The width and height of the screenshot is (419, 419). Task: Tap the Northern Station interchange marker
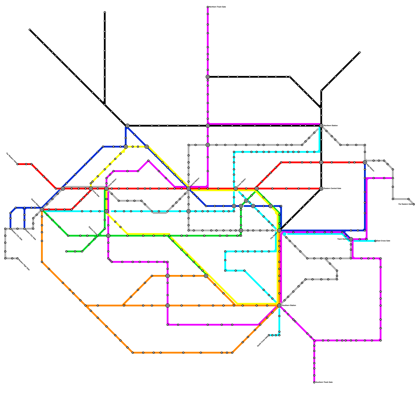[x=321, y=126]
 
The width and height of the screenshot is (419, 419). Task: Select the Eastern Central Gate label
[x=332, y=188]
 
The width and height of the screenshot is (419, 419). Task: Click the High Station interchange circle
[x=365, y=162]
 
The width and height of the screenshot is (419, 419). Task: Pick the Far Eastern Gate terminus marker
[x=414, y=204]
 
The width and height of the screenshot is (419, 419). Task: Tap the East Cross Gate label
[x=383, y=241]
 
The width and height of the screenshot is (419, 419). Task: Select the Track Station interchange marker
[x=351, y=239]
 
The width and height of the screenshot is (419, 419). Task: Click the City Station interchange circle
[x=279, y=230]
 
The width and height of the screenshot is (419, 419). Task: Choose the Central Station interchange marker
[x=189, y=189]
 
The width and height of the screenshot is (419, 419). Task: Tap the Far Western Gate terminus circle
[x=18, y=164]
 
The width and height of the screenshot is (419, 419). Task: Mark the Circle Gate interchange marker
[x=91, y=189]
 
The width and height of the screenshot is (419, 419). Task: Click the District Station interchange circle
[x=42, y=209]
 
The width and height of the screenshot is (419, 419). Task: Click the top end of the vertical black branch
[x=105, y=12]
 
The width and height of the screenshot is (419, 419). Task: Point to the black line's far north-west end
[x=30, y=30]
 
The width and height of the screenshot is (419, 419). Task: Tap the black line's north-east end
[x=360, y=52]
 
